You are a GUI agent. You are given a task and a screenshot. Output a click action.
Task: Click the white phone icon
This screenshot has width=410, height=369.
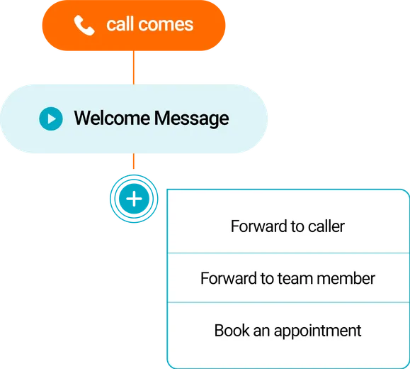tap(84, 26)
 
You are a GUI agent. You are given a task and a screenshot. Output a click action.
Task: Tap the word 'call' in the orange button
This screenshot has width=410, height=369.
tap(120, 25)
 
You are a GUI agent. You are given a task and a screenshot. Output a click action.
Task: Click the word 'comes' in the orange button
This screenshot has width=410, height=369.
tap(165, 25)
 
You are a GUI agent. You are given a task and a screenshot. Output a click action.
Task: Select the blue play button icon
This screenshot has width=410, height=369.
tap(50, 119)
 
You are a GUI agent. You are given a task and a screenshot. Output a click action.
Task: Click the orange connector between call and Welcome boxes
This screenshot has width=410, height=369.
tap(132, 67)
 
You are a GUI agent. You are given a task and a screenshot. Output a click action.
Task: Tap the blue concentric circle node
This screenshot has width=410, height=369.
tap(133, 198)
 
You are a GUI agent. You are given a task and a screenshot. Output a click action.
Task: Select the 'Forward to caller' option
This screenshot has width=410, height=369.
tap(287, 227)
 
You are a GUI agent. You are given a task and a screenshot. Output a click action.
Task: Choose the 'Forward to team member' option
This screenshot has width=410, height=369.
tap(287, 278)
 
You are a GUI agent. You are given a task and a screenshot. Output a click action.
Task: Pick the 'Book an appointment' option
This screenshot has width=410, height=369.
tap(287, 331)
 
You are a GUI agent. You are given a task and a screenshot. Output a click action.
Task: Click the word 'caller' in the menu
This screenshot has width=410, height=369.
tap(326, 227)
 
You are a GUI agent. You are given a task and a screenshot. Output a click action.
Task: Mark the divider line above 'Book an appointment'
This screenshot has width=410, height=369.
tap(287, 302)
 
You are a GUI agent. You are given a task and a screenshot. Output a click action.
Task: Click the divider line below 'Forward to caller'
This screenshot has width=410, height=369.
tap(287, 253)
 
